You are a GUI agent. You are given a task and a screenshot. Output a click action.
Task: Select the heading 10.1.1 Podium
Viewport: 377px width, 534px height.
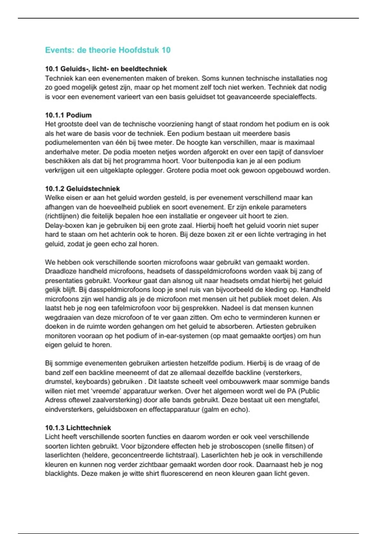click(x=68, y=115)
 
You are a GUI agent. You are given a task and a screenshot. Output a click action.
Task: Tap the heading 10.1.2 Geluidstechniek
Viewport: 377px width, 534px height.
click(x=82, y=188)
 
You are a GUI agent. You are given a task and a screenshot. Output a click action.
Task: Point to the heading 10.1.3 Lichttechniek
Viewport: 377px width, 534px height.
click(x=78, y=428)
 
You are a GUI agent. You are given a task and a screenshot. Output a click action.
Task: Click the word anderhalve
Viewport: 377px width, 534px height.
click(x=60, y=152)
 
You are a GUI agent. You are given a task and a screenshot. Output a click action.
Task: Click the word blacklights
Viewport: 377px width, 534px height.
click(x=61, y=473)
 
